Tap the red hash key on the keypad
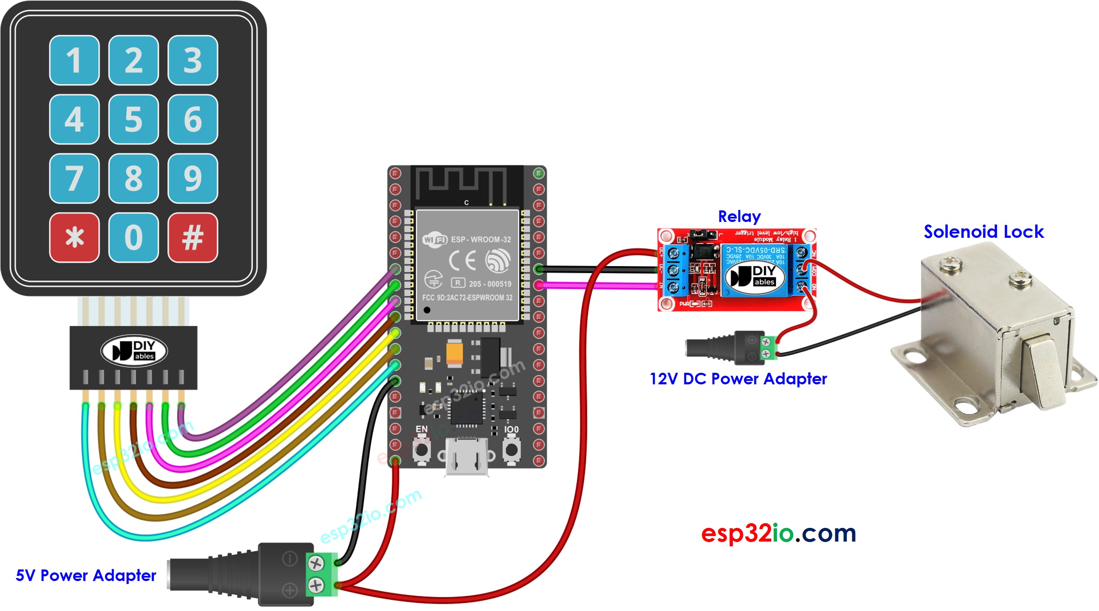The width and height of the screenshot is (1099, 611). (x=193, y=238)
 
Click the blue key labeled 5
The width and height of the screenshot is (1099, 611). (x=133, y=120)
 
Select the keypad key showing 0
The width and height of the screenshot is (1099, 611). (x=133, y=238)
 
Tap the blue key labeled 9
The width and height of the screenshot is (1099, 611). (x=193, y=179)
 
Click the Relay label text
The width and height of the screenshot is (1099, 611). (x=739, y=217)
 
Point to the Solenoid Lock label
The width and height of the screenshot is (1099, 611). (x=983, y=232)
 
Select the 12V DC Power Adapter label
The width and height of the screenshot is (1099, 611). (x=738, y=379)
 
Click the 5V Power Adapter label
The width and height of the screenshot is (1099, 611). (x=86, y=575)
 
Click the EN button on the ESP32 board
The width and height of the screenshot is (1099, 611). (x=422, y=450)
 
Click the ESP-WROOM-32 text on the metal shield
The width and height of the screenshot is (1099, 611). (x=481, y=240)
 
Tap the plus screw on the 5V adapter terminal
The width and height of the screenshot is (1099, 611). (x=316, y=585)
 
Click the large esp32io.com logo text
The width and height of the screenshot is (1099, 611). (x=778, y=533)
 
